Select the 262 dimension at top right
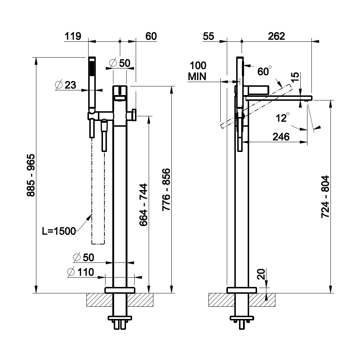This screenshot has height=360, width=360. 276,36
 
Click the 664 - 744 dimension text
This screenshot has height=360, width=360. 143,205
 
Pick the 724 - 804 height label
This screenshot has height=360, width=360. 325,197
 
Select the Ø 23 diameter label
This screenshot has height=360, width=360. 66,85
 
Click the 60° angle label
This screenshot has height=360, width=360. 264,71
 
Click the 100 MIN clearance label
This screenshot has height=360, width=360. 198,71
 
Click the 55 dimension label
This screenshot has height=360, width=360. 209,36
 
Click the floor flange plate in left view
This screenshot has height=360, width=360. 120,290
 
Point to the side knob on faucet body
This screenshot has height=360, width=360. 133,115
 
